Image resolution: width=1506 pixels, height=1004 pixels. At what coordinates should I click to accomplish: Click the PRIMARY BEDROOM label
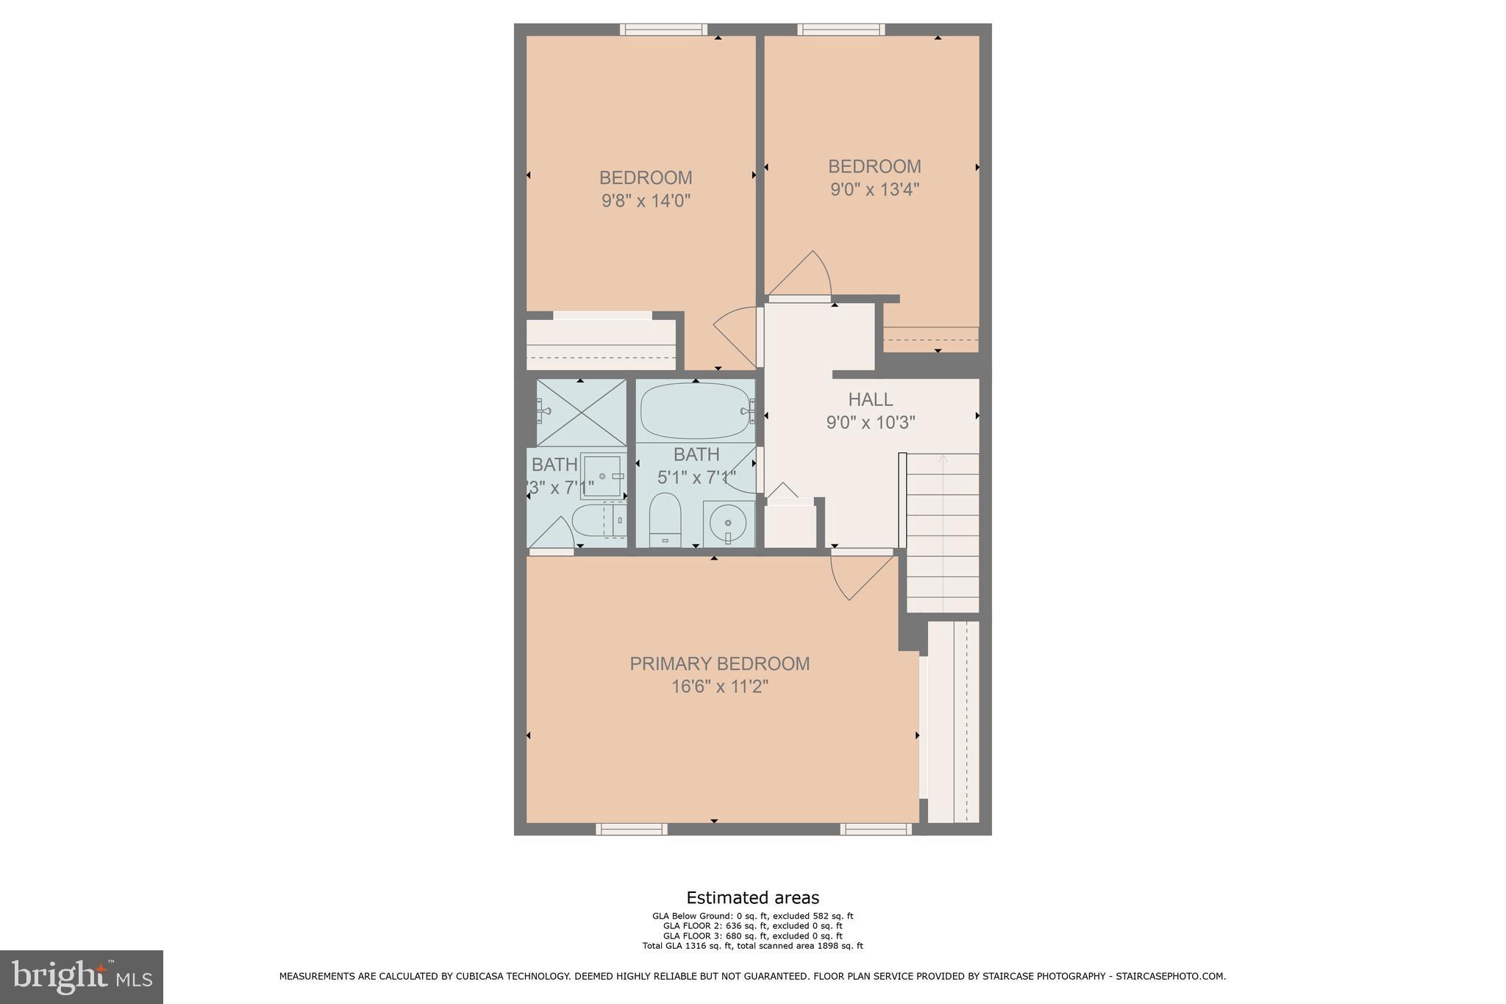tap(719, 663)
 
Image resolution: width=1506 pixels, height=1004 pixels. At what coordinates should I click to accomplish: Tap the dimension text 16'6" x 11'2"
tap(719, 687)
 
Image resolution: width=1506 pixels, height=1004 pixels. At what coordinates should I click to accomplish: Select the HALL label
tap(871, 399)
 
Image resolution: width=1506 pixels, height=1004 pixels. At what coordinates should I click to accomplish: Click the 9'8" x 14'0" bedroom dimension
tap(646, 201)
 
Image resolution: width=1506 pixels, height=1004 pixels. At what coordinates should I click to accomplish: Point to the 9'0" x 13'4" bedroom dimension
tap(874, 190)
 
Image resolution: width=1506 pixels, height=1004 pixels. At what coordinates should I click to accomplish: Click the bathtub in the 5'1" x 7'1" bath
tap(694, 411)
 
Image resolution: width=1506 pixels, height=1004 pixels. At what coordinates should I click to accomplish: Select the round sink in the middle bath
tap(728, 524)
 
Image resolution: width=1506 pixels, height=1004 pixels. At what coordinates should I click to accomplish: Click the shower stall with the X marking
tap(581, 413)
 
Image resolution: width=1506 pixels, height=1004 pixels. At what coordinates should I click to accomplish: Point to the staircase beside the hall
tap(943, 533)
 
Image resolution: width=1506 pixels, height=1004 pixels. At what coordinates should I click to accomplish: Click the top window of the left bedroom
tap(663, 29)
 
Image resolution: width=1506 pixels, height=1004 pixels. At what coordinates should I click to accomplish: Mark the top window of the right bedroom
tap(841, 29)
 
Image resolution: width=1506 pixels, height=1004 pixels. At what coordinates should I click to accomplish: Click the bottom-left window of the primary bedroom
tap(632, 829)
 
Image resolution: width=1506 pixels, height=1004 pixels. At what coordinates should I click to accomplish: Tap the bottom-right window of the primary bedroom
tap(876, 829)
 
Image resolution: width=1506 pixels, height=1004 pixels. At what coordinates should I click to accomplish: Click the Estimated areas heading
tap(752, 897)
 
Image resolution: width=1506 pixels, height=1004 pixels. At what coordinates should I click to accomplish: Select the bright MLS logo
tap(82, 977)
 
